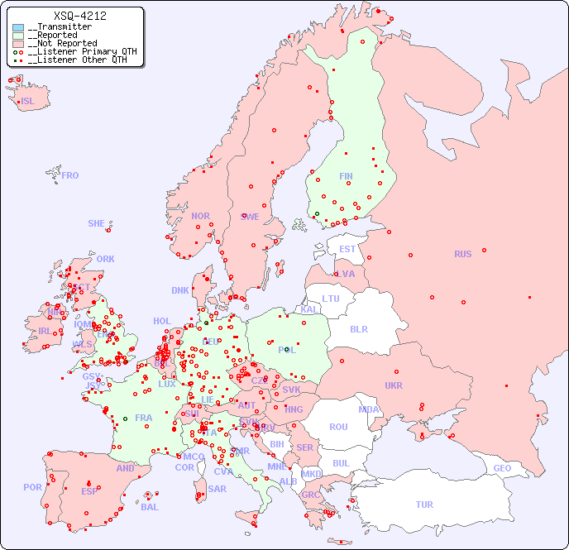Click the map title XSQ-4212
[79, 16]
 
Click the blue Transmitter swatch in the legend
[18, 27]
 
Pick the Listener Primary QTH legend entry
[79, 51]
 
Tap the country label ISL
[28, 102]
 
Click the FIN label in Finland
[346, 176]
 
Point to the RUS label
[462, 254]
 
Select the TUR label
[424, 505]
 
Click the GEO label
[502, 468]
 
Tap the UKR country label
[394, 385]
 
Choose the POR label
[32, 487]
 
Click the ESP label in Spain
[89, 490]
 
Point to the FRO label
[70, 175]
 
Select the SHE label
[97, 223]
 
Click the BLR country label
[358, 328]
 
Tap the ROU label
[338, 427]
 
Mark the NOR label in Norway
[200, 216]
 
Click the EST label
[347, 249]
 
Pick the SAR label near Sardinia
[217, 489]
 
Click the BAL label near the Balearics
[150, 507]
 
